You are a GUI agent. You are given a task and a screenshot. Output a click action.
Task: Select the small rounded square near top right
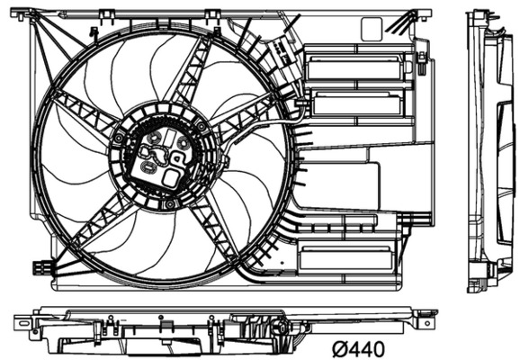coord(371,30)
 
